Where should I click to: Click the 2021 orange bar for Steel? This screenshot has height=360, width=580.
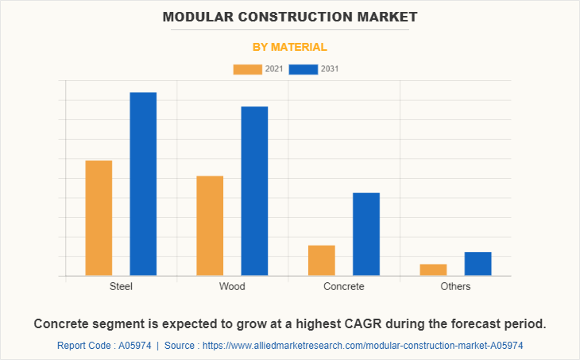tap(99, 218)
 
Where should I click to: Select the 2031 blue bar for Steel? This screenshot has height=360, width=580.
tap(143, 184)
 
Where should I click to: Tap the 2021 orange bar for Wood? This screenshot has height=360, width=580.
tap(210, 226)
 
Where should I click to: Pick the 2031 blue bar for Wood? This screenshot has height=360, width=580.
tap(254, 191)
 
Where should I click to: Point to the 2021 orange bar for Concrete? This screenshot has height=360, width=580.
tap(321, 260)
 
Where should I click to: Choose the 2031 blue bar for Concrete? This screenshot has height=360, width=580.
tap(366, 234)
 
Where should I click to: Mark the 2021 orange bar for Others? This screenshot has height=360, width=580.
tap(433, 269)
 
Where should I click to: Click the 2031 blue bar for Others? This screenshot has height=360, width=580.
tap(478, 263)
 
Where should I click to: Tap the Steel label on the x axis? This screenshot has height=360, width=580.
tap(121, 286)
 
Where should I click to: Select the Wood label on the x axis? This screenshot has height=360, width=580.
tap(232, 286)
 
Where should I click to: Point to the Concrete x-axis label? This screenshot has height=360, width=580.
tap(344, 286)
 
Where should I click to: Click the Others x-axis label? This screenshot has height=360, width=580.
tap(455, 286)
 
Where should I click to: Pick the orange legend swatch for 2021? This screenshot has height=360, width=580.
tap(247, 69)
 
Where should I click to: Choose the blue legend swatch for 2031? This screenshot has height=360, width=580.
tap(304, 69)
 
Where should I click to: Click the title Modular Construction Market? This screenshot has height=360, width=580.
tap(290, 16)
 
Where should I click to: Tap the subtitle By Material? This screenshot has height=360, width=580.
tap(290, 47)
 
